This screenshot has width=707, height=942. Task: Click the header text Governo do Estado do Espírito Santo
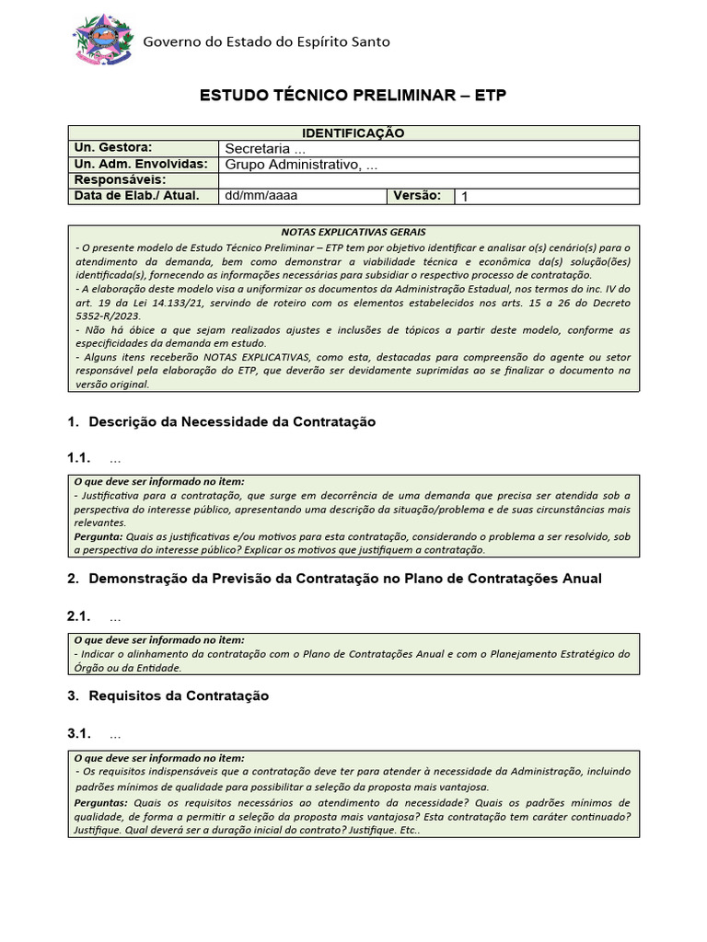click(266, 41)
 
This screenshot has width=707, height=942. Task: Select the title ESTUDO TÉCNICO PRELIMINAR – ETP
click(353, 97)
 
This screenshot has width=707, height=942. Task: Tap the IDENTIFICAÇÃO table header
click(353, 133)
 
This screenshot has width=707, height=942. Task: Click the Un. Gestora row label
click(112, 148)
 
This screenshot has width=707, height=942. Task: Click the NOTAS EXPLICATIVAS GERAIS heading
click(353, 233)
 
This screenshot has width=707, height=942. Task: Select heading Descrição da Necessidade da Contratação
click(232, 421)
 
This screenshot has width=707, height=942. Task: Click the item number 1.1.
click(80, 458)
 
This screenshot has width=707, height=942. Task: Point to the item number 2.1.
click(80, 616)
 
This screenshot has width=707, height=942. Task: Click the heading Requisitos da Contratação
click(179, 696)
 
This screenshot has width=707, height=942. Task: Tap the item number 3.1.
click(80, 734)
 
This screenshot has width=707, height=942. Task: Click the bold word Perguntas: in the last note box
click(100, 802)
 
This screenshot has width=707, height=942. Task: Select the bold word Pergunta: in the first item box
click(98, 535)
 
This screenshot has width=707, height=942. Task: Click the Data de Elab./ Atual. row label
click(136, 196)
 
